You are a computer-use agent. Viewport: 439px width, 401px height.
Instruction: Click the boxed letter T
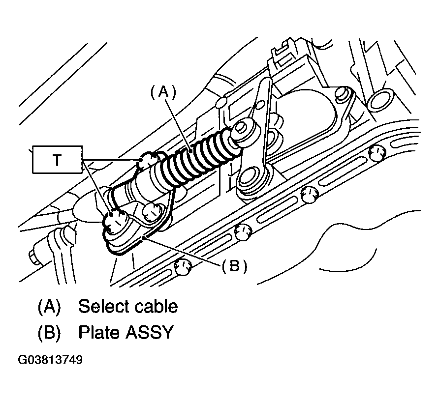57,160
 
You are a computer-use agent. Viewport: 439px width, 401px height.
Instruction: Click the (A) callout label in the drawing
163,92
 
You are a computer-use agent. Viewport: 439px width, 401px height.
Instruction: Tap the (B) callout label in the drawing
234,266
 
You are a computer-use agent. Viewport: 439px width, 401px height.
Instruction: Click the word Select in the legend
102,306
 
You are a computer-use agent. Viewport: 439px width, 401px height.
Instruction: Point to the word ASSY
150,332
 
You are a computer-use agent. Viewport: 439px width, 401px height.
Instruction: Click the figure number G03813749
50,360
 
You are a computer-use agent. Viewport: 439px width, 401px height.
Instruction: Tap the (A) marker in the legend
49,307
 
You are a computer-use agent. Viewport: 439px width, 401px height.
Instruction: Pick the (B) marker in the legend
49,333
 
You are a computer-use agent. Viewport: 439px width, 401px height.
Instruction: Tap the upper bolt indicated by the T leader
149,161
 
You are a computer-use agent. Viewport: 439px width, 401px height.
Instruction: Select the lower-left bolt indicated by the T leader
115,221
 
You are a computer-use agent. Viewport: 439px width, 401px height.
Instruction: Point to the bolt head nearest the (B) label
242,232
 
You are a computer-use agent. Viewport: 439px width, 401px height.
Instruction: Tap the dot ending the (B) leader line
144,238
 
